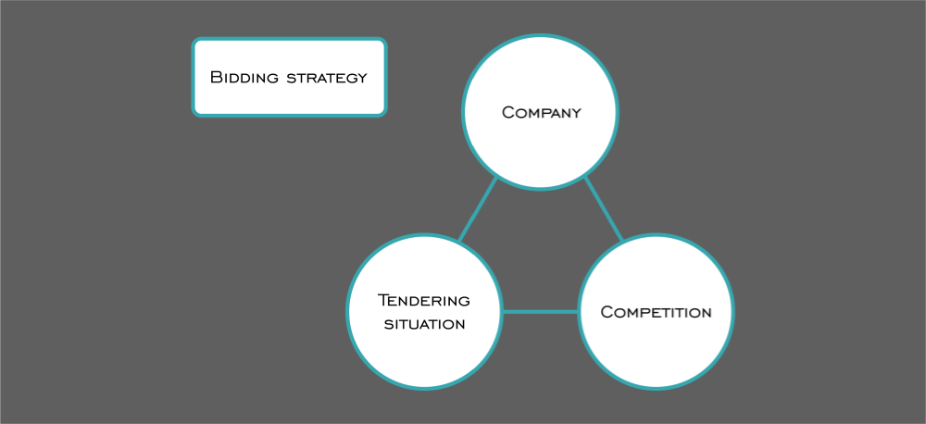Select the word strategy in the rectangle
click(x=327, y=77)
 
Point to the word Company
click(x=541, y=113)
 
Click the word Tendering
click(x=424, y=300)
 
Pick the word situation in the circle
click(x=424, y=324)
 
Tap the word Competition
click(x=656, y=312)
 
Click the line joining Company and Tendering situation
click(x=478, y=210)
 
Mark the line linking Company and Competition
click(x=603, y=208)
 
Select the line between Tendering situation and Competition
click(x=540, y=311)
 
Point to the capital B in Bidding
click(x=216, y=77)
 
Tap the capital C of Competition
click(x=607, y=312)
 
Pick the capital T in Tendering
click(x=383, y=300)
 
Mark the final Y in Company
click(x=575, y=114)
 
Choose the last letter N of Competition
click(x=706, y=313)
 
